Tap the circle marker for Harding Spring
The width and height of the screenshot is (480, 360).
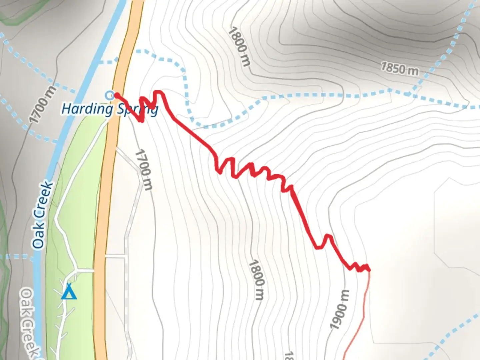[109, 95]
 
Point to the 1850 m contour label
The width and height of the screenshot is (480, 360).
[399, 69]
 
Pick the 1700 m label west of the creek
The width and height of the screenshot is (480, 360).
[42, 104]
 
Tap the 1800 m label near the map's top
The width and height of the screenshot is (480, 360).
[239, 46]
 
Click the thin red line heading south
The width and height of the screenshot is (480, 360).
[362, 317]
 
